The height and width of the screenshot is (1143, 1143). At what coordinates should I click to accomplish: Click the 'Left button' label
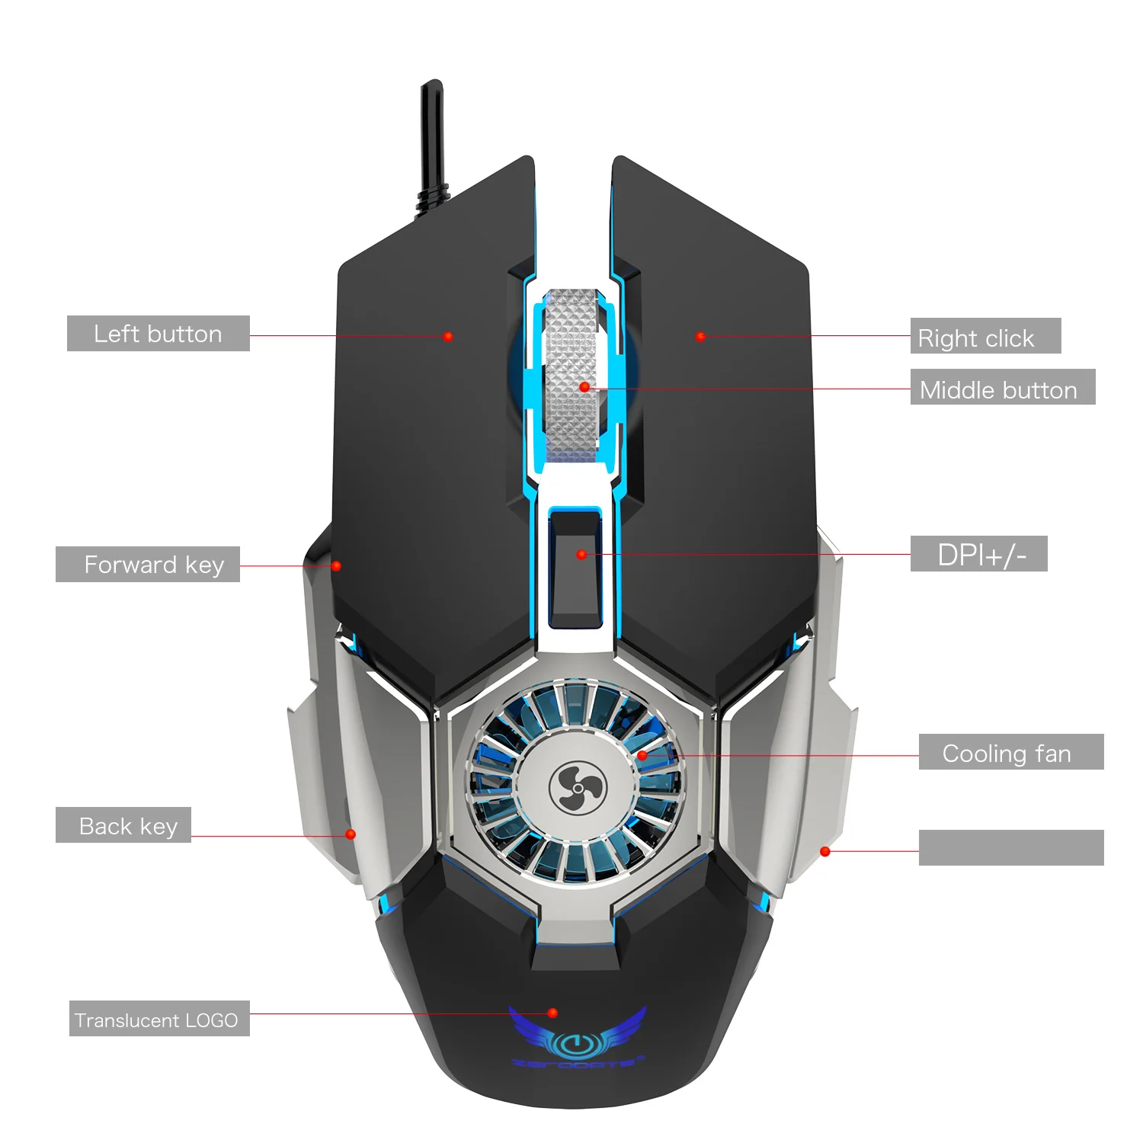point(158,334)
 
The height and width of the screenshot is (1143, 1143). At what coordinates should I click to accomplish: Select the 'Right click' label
point(985,336)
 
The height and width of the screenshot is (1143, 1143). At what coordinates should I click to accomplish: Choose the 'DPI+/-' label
point(978,554)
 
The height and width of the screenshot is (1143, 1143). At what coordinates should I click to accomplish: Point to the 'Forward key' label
point(148,565)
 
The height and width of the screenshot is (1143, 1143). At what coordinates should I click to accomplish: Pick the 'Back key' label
point(123,825)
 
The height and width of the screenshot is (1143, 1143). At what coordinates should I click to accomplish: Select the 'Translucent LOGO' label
point(159,1019)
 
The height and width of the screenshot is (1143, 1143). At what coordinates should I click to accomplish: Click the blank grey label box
point(1010,847)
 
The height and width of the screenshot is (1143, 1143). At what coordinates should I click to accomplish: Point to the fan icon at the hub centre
point(577,788)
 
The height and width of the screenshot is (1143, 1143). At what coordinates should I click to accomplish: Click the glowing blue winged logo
point(577,1036)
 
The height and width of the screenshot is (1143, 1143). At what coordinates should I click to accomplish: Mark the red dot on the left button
point(448,336)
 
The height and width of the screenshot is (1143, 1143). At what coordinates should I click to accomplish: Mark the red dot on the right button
point(701,336)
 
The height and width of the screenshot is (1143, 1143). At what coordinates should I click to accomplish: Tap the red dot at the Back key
point(351,834)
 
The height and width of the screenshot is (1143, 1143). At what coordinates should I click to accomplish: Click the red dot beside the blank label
point(824,851)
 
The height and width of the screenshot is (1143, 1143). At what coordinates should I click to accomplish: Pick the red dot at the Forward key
point(336,566)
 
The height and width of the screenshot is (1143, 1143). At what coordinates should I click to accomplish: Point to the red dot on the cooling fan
point(642,755)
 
